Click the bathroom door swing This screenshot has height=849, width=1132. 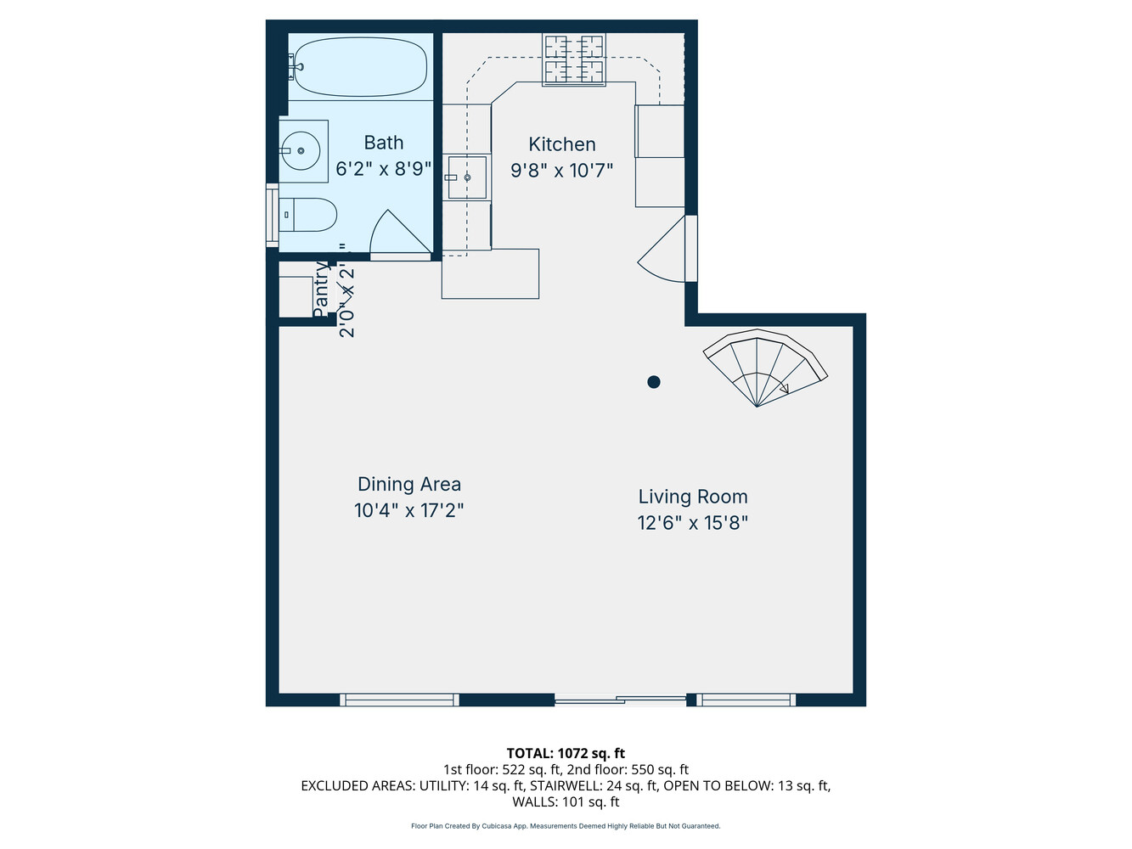tap(397, 234)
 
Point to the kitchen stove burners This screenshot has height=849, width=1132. tap(574, 59)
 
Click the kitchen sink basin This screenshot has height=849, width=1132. tap(467, 177)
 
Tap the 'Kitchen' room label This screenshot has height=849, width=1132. tap(561, 144)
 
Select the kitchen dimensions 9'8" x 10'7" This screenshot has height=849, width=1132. tap(561, 171)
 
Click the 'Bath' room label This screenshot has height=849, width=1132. tap(383, 143)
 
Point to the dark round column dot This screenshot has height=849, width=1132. tap(654, 382)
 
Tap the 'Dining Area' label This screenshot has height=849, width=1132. tap(408, 484)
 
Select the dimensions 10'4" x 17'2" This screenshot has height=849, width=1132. tap(408, 510)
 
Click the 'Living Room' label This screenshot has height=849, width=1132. tap(693, 497)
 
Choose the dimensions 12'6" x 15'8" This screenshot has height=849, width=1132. tap(693, 523)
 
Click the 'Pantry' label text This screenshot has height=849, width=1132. tap(320, 289)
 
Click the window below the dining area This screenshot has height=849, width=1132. tap(399, 700)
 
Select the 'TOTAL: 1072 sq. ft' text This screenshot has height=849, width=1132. tap(566, 753)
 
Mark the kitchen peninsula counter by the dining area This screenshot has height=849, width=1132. tap(490, 273)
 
